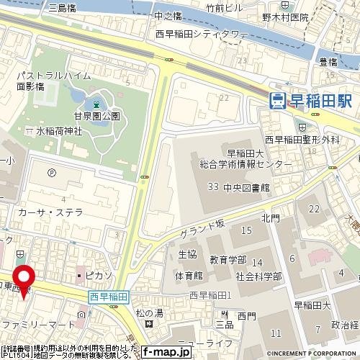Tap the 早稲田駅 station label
pos(321,101)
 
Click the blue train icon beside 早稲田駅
pos(277,101)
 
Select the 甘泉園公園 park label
pos(100,115)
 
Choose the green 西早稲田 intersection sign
pos(108,297)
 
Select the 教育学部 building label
pos(228,259)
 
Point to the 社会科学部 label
pos(257,276)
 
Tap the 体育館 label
pos(188,276)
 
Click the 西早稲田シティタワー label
pos(201,34)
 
